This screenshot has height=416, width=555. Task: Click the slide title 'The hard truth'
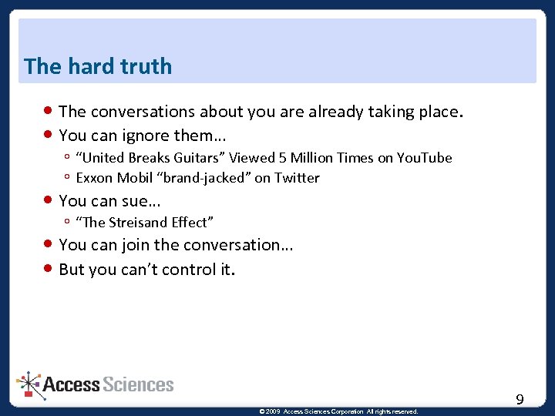click(x=98, y=66)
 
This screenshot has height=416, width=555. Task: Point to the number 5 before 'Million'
click(x=283, y=158)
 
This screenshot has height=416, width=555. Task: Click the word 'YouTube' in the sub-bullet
click(x=424, y=158)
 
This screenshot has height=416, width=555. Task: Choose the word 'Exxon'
click(x=93, y=178)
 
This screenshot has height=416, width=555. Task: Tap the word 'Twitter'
click(x=297, y=178)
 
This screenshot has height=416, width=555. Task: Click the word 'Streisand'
click(x=136, y=223)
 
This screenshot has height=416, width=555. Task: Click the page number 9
click(x=520, y=399)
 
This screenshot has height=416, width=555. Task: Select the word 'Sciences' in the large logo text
click(x=138, y=384)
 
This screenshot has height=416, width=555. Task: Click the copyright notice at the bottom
click(x=339, y=411)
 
